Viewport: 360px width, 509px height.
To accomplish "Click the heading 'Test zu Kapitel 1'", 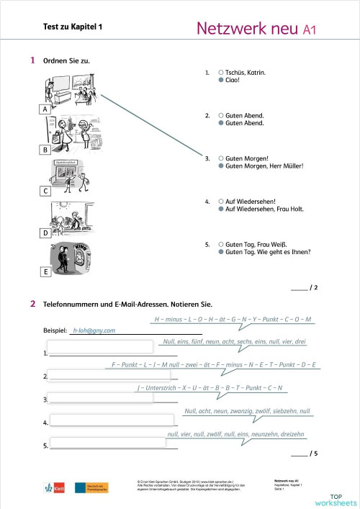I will [73, 27].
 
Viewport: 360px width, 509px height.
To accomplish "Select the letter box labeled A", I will [45, 109].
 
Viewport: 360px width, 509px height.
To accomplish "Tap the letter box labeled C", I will [45, 192].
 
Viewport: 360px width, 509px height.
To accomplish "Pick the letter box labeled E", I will [45, 272].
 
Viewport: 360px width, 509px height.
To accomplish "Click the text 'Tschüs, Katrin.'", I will [246, 73].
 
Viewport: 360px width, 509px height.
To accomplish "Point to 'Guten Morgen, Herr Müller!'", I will [264, 166].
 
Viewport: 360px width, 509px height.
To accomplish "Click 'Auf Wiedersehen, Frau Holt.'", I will [265, 210].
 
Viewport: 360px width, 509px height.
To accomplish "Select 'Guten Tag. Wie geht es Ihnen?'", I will [268, 252].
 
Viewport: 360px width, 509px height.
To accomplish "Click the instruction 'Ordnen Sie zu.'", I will [66, 60].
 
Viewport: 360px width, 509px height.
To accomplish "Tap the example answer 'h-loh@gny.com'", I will [94, 330].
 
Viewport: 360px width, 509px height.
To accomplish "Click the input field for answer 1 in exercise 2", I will [101, 347].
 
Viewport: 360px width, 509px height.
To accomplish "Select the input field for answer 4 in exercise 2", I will [112, 420].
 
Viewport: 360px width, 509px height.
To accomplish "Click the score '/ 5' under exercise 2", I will [312, 454].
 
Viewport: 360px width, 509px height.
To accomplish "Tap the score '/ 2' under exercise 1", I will [312, 288].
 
